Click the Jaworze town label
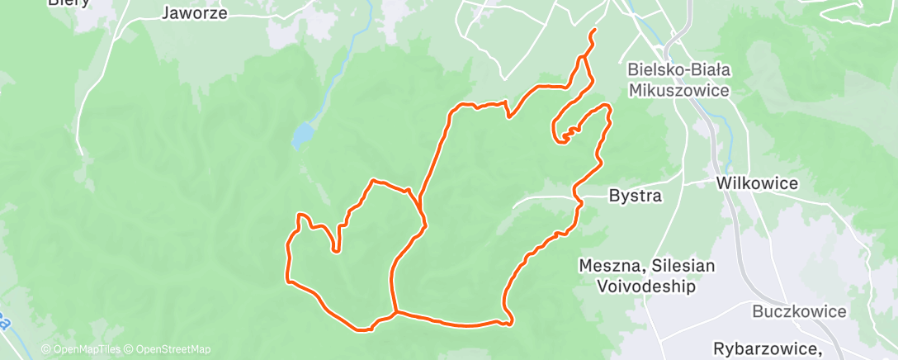pos(195,12)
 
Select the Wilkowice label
pos(757,183)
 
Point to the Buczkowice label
pos(799,311)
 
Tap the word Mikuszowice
pos(679,90)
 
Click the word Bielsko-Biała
pos(679,69)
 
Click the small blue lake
pos(303,135)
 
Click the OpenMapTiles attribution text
pos(80,349)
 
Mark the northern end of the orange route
pos(594,31)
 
